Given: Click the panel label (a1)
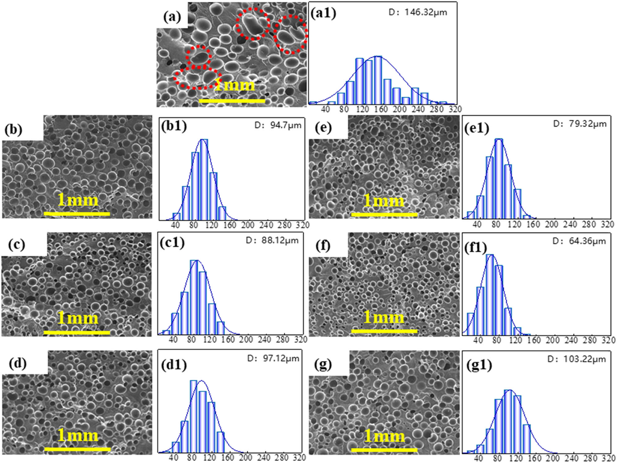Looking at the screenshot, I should tap(323, 13).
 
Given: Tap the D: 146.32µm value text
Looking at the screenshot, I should tap(418, 12).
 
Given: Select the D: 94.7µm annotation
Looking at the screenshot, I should tap(278, 125).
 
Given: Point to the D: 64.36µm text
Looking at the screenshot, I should tap(579, 241).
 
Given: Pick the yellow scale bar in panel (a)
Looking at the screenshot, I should tap(232, 101).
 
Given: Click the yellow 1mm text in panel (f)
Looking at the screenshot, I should tap(384, 317).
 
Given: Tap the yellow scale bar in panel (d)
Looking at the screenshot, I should tap(77, 449).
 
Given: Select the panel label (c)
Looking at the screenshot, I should tap(17, 245).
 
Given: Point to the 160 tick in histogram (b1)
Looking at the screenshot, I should tap(230, 225).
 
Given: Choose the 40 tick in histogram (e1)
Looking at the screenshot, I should tap(477, 224).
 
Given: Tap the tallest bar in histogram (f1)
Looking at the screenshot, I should tap(490, 294).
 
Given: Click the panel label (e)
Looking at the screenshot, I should tap(323, 127).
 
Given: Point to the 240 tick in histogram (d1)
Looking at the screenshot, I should tap(264, 457).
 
